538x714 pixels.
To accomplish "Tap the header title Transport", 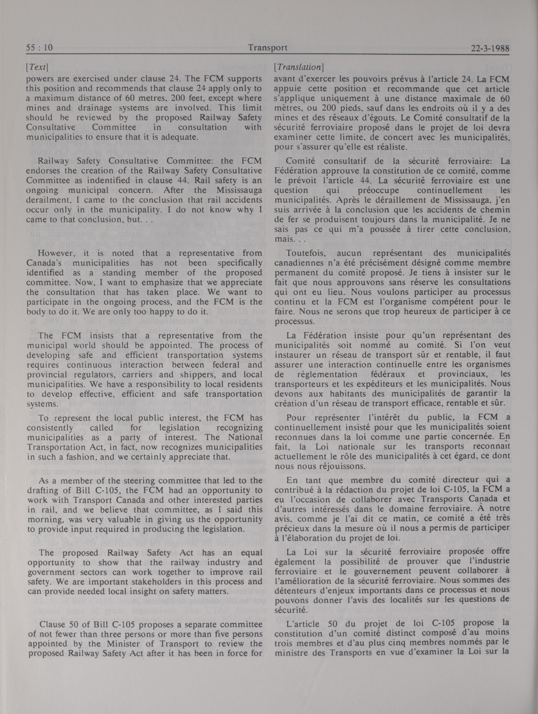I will [268, 48].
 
